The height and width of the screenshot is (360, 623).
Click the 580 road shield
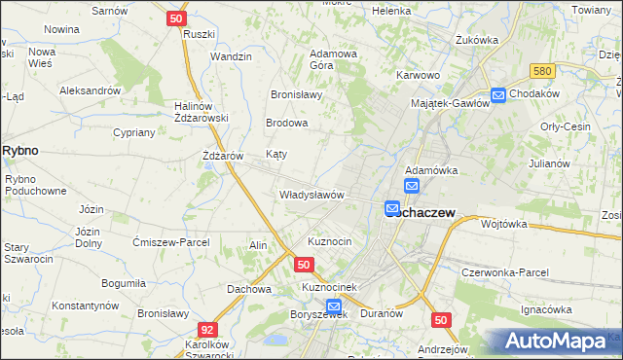point(543,72)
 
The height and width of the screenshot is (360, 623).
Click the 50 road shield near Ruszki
point(176,18)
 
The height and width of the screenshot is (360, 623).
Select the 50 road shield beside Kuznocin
point(304,265)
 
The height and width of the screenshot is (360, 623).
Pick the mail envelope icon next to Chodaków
point(498,94)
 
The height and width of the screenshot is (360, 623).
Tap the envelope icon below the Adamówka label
point(412,186)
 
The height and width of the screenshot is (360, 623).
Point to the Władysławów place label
point(311,195)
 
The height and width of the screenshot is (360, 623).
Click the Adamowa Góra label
point(334,59)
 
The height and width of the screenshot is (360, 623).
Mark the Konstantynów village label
point(86,305)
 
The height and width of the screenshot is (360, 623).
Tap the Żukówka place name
point(477,40)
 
